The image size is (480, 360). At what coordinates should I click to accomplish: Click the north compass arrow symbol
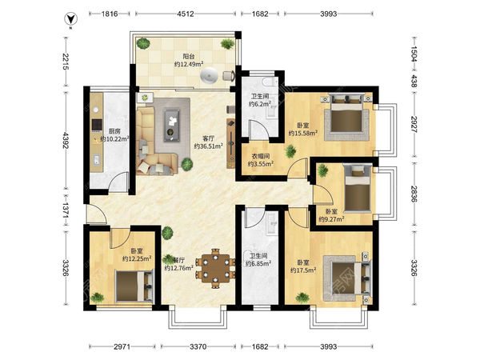(70, 19)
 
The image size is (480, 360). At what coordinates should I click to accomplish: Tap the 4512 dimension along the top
(186, 14)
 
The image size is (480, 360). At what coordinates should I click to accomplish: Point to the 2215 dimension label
(66, 62)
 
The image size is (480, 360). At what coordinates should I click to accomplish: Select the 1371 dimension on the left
(66, 210)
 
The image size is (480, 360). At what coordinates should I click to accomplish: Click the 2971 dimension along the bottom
(122, 346)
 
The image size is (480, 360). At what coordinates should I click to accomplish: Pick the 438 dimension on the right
(414, 81)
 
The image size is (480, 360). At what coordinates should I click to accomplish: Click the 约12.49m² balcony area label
(189, 64)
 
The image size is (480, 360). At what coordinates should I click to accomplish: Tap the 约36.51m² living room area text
(209, 146)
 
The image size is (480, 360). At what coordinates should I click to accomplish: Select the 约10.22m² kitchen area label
(114, 139)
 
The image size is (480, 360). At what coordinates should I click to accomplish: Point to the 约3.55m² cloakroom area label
(261, 164)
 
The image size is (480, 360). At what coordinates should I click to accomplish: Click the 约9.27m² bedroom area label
(331, 219)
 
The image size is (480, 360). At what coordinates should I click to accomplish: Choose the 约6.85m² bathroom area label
(258, 263)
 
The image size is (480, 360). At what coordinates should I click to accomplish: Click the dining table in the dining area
(215, 269)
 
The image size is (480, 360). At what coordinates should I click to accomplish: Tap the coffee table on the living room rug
(172, 125)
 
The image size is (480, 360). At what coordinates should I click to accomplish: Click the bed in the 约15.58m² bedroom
(346, 115)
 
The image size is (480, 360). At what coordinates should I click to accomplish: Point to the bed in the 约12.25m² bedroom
(134, 286)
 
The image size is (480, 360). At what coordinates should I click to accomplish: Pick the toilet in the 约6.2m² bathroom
(269, 82)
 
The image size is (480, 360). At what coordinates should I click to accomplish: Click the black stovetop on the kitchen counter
(97, 125)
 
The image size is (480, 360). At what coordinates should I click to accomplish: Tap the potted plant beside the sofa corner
(186, 164)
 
